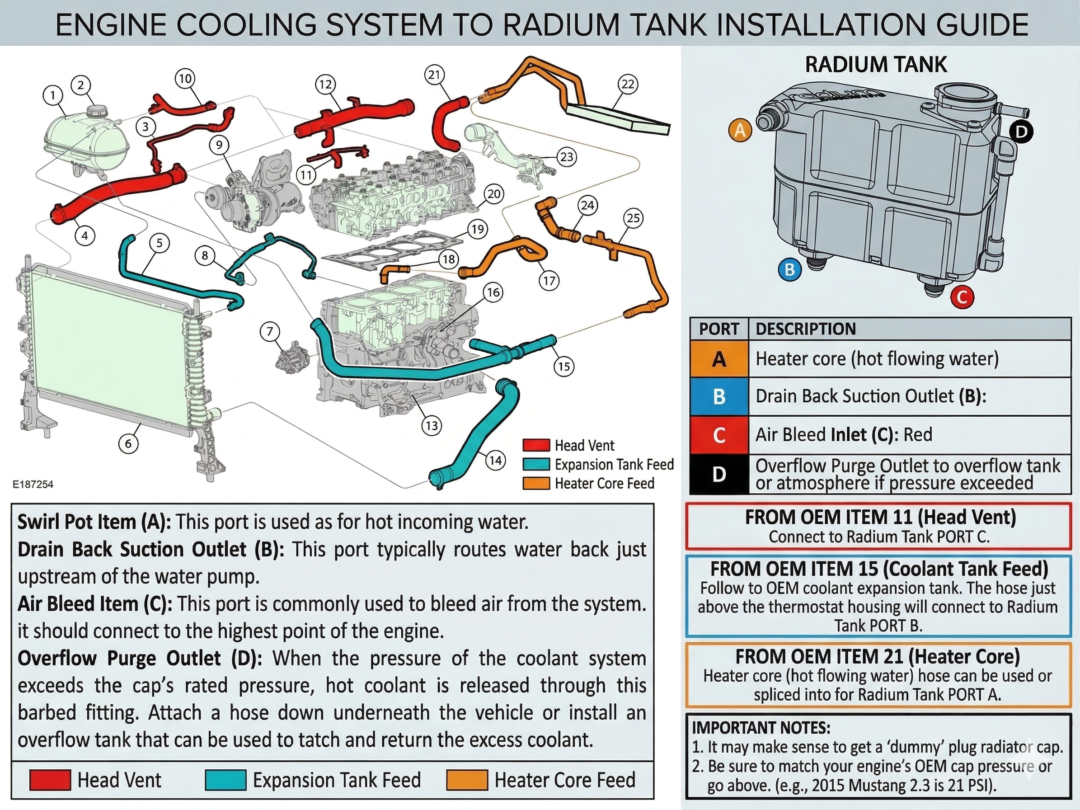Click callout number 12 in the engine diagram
(325, 85)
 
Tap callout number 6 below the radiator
(128, 443)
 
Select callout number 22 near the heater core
(627, 85)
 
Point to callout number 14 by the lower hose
(495, 460)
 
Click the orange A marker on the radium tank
(740, 130)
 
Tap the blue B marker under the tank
(789, 269)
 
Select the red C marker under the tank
(962, 297)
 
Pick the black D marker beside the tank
(1021, 132)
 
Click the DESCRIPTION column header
(806, 329)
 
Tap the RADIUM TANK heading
(875, 65)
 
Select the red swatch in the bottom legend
(50, 780)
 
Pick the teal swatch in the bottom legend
(225, 780)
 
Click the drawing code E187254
(33, 485)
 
